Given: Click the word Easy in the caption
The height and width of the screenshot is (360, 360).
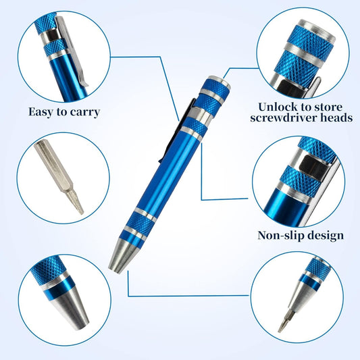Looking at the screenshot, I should [x=43, y=111].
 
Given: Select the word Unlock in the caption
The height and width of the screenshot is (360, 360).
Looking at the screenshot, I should [x=279, y=106].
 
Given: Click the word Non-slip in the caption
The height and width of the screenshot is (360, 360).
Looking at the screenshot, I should [x=282, y=236].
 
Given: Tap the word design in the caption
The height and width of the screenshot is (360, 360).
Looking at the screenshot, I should [x=326, y=236].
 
